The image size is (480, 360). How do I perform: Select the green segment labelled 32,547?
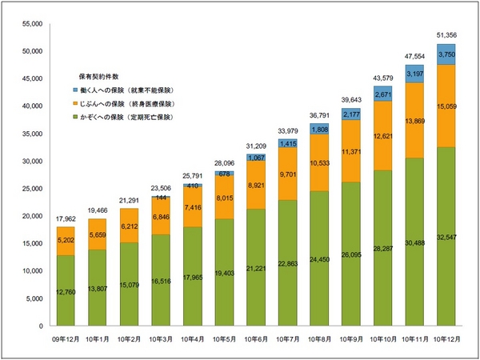[x=446, y=236]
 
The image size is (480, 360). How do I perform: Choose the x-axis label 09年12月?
[x=66, y=339]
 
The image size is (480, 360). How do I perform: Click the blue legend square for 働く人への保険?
[x=74, y=90]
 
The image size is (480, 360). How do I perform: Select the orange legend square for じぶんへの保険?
[x=74, y=104]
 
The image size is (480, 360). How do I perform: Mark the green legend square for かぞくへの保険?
[x=74, y=118]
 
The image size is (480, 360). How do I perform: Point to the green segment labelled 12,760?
[x=66, y=290]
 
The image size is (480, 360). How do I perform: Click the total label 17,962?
[x=66, y=218]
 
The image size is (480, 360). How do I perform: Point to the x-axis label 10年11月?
[x=414, y=339]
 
